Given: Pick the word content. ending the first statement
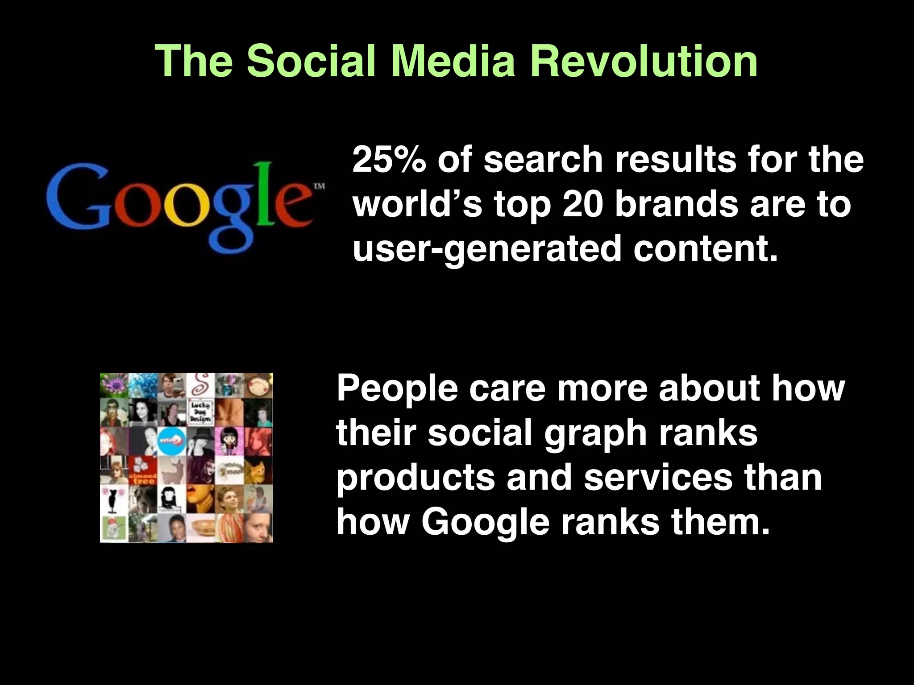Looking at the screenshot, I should (705, 248).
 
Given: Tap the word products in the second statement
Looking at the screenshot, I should (415, 478).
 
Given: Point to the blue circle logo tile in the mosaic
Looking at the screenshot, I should (172, 441).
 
